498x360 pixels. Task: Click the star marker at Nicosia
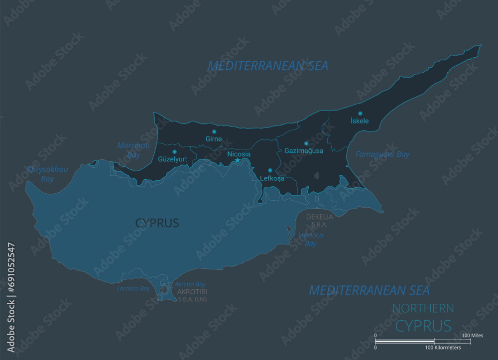(238, 160)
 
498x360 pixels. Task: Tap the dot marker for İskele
(360, 114)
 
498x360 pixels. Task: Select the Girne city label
(214, 139)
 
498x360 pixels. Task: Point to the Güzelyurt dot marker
(174, 151)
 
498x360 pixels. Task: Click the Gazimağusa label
(303, 150)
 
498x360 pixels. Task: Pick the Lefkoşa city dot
(270, 170)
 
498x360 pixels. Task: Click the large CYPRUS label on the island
(157, 223)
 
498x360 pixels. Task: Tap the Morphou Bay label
(133, 150)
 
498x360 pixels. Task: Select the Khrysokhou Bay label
(47, 174)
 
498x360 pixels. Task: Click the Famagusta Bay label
(382, 154)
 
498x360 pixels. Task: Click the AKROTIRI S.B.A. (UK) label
(192, 295)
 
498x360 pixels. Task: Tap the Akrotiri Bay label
(190, 284)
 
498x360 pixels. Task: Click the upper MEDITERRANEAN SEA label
(268, 65)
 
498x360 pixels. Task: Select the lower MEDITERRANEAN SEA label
(369, 290)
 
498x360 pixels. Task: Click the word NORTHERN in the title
(423, 308)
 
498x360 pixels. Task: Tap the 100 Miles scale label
(473, 336)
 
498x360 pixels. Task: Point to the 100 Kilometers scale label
(443, 347)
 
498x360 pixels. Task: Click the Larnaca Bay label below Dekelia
(310, 239)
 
